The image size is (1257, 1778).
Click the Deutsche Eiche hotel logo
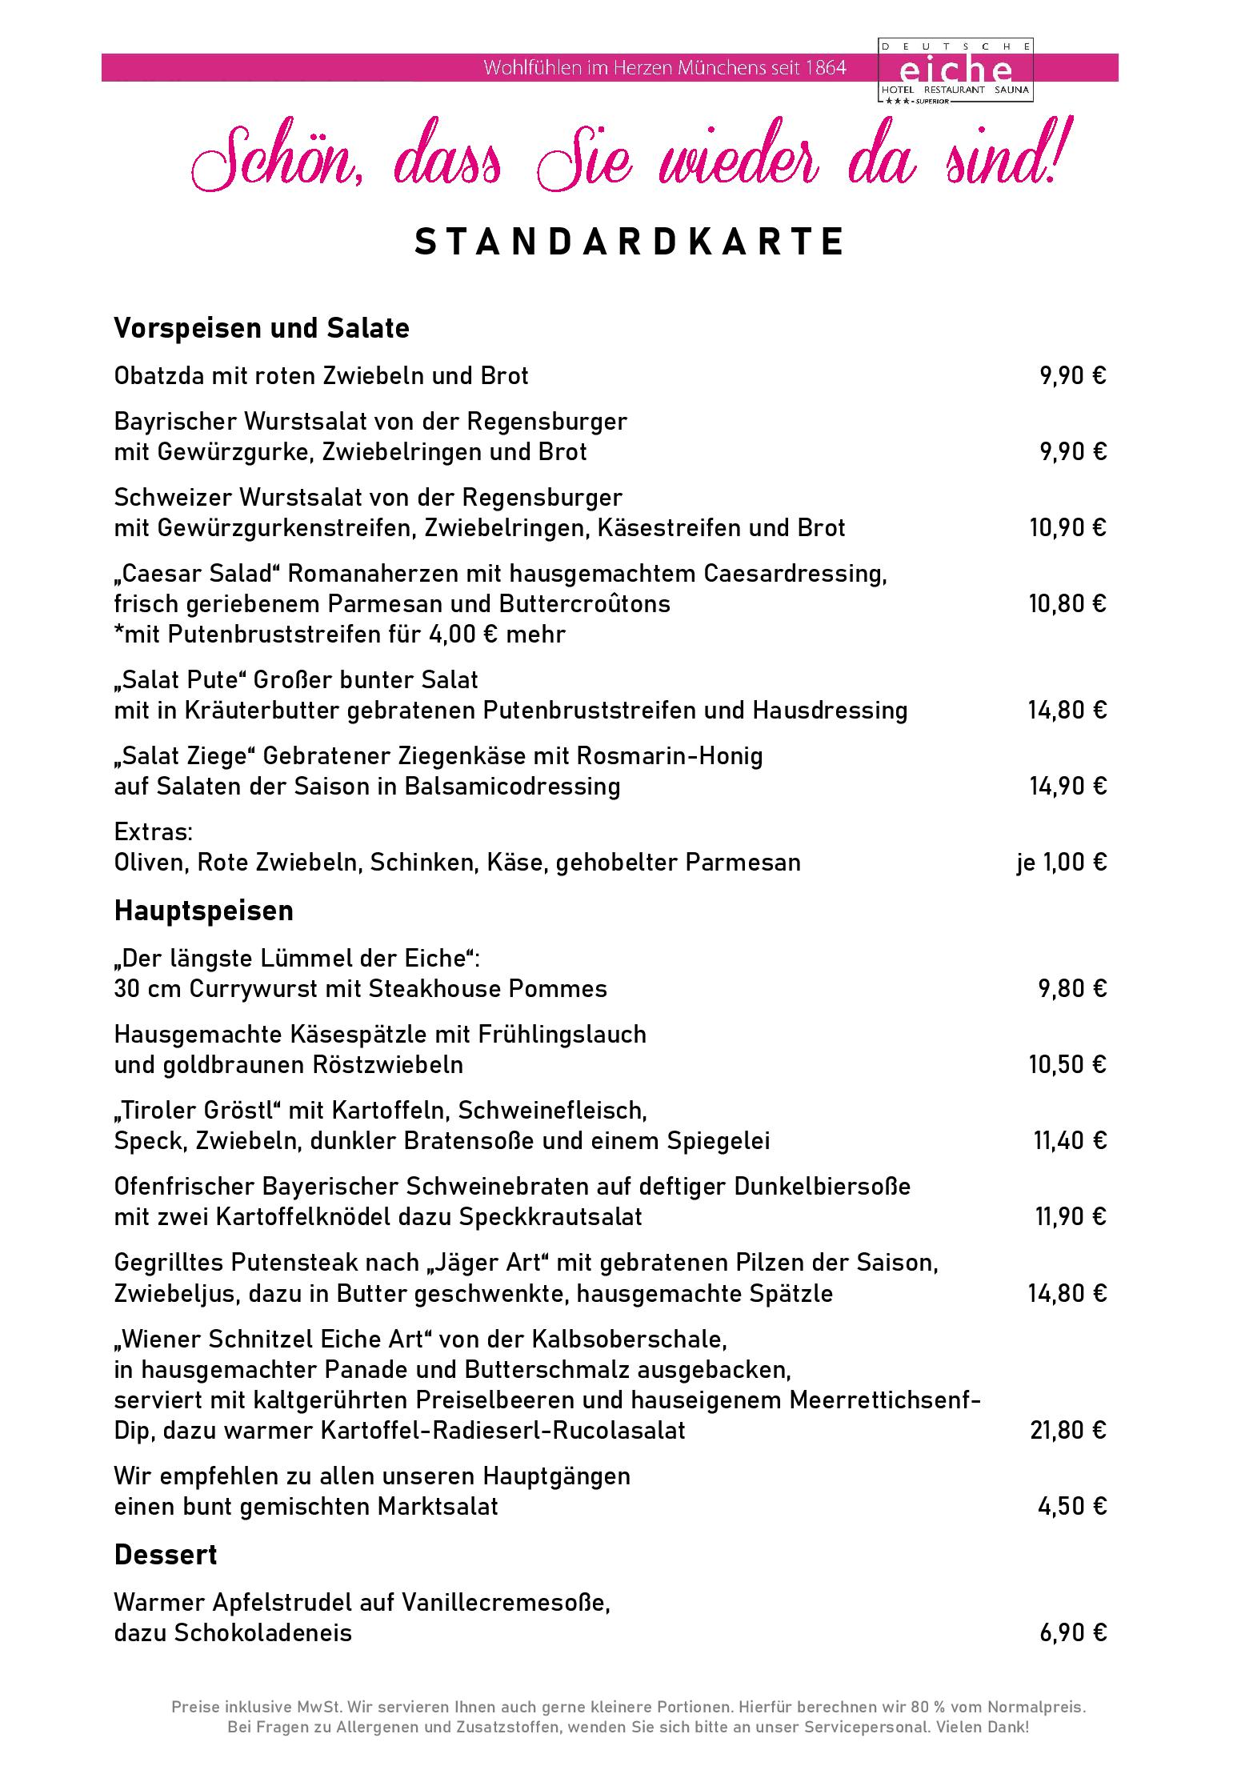point(955,70)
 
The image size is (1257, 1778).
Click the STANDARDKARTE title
point(629,242)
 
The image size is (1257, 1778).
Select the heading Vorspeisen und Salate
point(262,328)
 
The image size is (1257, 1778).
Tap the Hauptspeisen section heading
point(203,911)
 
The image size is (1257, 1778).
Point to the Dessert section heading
point(166,1555)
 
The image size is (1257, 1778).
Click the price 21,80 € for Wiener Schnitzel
point(1067,1430)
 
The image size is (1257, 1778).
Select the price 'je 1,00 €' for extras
point(1061,862)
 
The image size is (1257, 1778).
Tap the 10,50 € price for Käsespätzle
point(1067,1064)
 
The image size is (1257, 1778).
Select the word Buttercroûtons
point(584,603)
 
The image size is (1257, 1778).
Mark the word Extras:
point(154,831)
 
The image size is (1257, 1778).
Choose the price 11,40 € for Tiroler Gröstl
point(1070,1140)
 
